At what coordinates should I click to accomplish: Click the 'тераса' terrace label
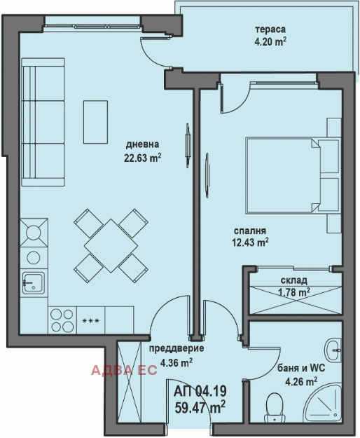pos(270,29)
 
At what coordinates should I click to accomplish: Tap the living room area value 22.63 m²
pos(143,158)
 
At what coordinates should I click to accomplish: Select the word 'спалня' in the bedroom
pos(250,231)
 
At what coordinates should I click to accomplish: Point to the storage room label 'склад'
pos(294,280)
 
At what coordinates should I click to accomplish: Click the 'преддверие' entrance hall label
pos(176,348)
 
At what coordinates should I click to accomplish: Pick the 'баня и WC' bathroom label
pos(301,368)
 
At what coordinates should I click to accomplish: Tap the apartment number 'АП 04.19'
pos(200,391)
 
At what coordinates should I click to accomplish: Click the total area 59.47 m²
pos(200,407)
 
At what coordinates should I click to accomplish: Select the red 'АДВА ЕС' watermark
pos(124,370)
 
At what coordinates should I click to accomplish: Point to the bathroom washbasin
pos(333,350)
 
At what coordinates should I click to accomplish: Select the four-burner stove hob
pos(62,320)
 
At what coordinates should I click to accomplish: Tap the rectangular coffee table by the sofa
pos(95,123)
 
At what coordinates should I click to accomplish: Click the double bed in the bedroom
pos(293,175)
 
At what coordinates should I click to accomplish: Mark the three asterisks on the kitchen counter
pos(90,321)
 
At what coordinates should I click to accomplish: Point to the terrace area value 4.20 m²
pos(270,42)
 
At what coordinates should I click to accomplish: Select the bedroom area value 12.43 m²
pos(250,242)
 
